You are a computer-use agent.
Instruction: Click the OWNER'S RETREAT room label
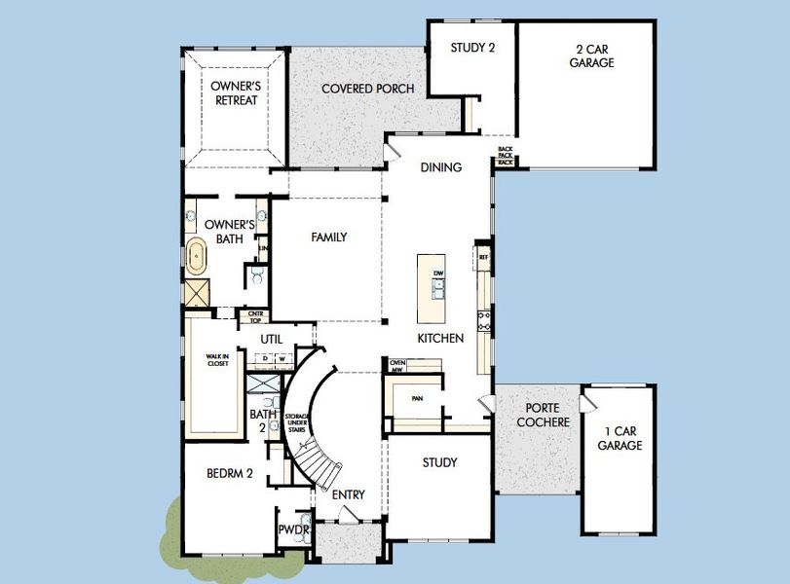coord(235,92)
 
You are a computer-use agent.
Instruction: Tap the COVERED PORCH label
coord(367,89)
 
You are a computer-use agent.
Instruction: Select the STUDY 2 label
coord(472,47)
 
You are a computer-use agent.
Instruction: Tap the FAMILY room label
coord(328,237)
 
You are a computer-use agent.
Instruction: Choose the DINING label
coord(440,167)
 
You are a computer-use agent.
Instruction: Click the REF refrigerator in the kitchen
coord(483,257)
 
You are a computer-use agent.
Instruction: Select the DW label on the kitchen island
coord(438,273)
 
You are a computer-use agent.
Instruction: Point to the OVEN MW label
coord(397,365)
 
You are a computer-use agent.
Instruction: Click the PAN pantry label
coord(417,398)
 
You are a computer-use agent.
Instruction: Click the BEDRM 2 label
coord(230,474)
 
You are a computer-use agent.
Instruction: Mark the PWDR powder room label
coord(291,530)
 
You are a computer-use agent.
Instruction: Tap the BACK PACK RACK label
coord(505,156)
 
